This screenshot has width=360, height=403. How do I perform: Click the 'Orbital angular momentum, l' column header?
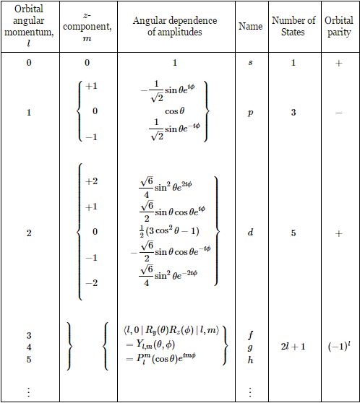[29, 26]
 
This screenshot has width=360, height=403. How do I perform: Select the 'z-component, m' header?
[87, 26]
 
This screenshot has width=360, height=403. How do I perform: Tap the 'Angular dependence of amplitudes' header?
[174, 26]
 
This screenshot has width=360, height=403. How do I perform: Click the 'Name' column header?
[250, 26]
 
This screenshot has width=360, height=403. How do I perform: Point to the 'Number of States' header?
[293, 26]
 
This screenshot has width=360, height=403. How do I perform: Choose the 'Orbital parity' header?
[339, 26]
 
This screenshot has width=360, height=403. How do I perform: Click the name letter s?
[250, 63]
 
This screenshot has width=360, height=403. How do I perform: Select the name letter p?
[250, 113]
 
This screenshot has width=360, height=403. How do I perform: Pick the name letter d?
[250, 233]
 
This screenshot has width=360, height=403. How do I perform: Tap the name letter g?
[250, 347]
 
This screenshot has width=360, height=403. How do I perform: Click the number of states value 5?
[293, 233]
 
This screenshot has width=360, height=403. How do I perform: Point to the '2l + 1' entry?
[293, 347]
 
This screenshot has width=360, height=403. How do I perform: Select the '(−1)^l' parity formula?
[339, 347]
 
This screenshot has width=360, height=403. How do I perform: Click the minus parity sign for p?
[339, 113]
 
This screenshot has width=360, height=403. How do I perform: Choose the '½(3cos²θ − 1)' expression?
[174, 232]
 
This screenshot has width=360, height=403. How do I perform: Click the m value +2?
[92, 182]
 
